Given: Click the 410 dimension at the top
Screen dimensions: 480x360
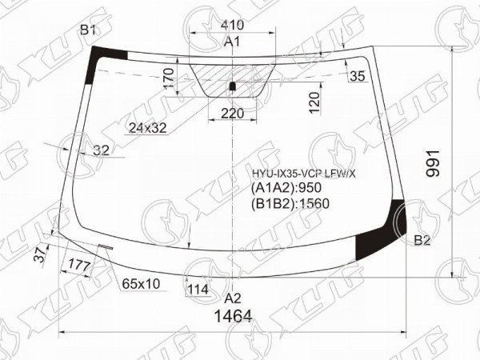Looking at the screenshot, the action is click(x=232, y=25).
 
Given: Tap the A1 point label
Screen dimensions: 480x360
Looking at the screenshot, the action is click(x=232, y=42).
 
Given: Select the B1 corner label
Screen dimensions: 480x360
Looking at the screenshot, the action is click(x=88, y=30).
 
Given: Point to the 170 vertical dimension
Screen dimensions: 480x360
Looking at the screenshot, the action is click(x=169, y=78).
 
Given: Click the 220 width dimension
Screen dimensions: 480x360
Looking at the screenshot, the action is click(x=232, y=114).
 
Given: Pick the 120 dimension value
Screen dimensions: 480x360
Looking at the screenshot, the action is click(x=314, y=103).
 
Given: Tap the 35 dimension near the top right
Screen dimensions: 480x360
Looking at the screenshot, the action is click(x=358, y=76).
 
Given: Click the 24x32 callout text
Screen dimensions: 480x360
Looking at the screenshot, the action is click(x=148, y=128).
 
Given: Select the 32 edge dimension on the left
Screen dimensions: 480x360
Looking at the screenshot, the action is click(x=102, y=150).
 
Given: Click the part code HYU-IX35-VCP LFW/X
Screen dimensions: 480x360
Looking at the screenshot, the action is click(x=303, y=174).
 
